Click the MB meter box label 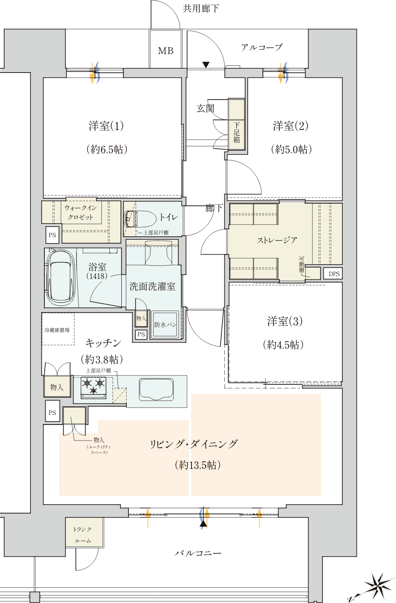[x=166, y=51]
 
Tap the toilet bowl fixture [x=140, y=218]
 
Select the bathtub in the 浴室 [x=61, y=277]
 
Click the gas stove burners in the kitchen [x=93, y=387]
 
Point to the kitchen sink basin [x=156, y=389]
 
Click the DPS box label [x=334, y=274]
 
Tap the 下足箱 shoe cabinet [x=236, y=124]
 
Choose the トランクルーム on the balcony [x=85, y=532]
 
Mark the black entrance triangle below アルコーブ [x=206, y=65]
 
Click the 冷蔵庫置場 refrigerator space [x=57, y=329]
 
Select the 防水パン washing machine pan [x=165, y=324]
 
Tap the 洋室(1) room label [x=106, y=126]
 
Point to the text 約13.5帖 [x=198, y=465]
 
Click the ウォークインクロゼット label [x=80, y=212]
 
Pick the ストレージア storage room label [x=277, y=240]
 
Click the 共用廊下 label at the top [x=201, y=8]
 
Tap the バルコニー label [x=198, y=553]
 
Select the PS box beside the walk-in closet [x=52, y=235]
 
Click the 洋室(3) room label [x=285, y=321]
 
